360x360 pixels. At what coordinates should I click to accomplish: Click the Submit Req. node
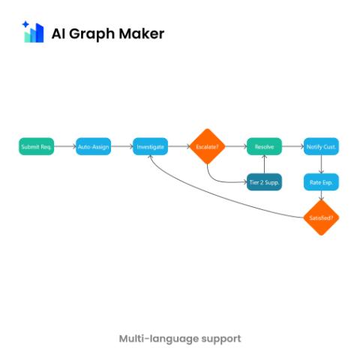pyautogui.click(x=37, y=146)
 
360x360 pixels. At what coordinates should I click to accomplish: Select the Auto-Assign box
pyautogui.click(x=93, y=146)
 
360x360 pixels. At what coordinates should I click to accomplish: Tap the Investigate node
pyautogui.click(x=150, y=146)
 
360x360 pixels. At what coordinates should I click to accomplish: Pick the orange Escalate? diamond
pyautogui.click(x=207, y=146)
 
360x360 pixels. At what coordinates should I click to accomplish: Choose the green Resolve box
pyautogui.click(x=264, y=146)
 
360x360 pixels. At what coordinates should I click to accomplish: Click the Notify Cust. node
pyautogui.click(x=321, y=146)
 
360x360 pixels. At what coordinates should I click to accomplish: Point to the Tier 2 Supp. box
pyautogui.click(x=264, y=182)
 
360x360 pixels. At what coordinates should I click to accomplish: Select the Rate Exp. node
pyautogui.click(x=321, y=182)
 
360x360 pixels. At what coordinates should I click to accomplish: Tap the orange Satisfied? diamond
pyautogui.click(x=321, y=217)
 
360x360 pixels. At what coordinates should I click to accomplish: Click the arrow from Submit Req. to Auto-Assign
pyautogui.click(x=65, y=146)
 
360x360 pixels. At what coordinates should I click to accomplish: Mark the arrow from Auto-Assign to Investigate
pyautogui.click(x=122, y=146)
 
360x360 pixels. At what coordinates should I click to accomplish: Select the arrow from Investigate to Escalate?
pyautogui.click(x=179, y=146)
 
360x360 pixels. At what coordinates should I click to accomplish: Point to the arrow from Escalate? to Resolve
pyautogui.click(x=236, y=146)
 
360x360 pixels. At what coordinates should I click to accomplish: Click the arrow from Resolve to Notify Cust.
pyautogui.click(x=292, y=146)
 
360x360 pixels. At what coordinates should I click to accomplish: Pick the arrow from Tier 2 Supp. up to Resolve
pyautogui.click(x=264, y=164)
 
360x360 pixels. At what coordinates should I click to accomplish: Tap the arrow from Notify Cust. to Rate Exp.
pyautogui.click(x=321, y=164)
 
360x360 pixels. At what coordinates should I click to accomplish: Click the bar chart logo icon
pyautogui.click(x=33, y=31)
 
